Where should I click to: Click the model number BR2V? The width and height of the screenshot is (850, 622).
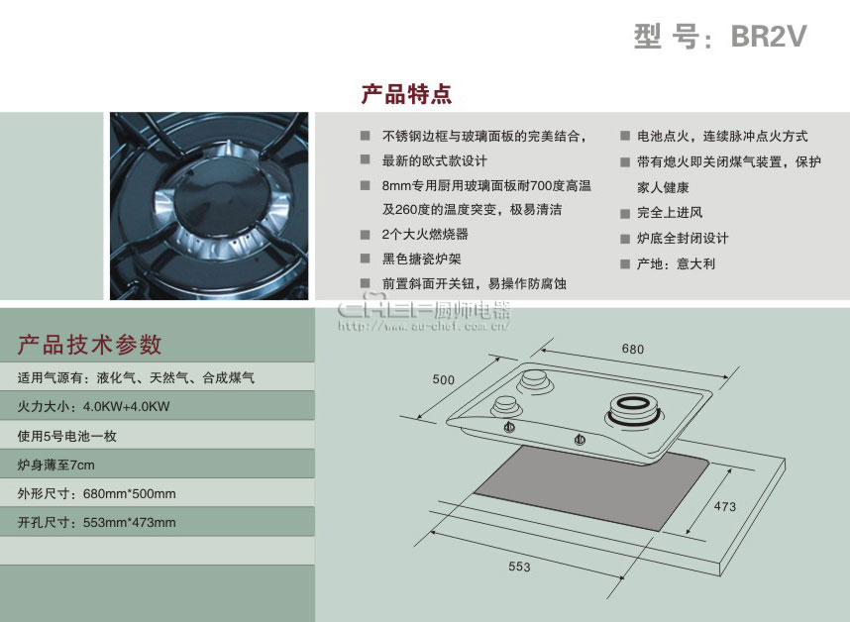coord(768,37)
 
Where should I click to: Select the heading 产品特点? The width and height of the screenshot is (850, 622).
coord(406,94)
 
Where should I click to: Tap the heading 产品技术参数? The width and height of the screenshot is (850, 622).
coord(89,345)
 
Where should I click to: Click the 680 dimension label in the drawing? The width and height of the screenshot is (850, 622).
coord(633,349)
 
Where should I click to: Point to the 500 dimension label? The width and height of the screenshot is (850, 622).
coord(443,379)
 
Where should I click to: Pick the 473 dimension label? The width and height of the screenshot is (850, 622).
coord(725,506)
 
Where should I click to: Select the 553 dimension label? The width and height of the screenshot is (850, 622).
coord(519,567)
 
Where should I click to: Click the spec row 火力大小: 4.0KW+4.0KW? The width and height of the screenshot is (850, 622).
coord(93,406)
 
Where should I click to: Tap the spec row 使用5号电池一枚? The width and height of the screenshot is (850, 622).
coord(66,436)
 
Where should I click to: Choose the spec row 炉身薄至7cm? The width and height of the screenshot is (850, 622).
coord(55,465)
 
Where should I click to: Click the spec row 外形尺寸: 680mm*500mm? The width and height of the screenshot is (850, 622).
coord(96,493)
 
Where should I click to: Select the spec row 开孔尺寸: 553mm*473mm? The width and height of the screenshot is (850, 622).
coord(96,523)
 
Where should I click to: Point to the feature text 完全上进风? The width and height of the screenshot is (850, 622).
coord(670,212)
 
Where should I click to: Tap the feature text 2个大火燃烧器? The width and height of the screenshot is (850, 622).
coord(424,234)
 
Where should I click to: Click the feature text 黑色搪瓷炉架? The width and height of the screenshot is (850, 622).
coord(421,259)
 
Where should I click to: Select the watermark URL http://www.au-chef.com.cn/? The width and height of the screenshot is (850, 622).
coord(423,326)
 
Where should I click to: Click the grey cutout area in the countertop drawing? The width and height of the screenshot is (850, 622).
coord(590,485)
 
